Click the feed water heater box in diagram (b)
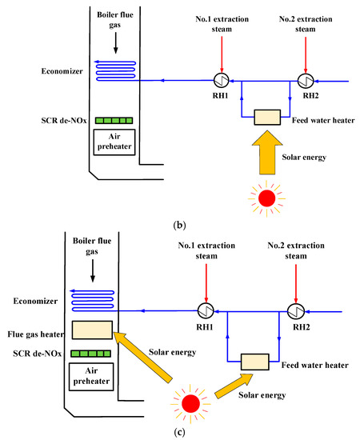click(267, 117)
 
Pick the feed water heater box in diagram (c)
click(254, 362)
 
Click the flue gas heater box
click(92, 330)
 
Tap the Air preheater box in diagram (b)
click(114, 142)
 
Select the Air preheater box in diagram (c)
click(91, 377)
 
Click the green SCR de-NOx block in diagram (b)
click(114, 121)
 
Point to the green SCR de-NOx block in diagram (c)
click(90, 354)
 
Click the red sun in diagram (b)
click(266, 198)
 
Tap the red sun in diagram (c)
click(190, 404)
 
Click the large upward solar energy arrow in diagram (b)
click(267, 152)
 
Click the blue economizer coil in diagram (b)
click(115, 70)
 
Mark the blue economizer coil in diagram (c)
click(92, 301)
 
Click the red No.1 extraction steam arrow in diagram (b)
click(222, 54)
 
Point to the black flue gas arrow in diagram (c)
click(93, 270)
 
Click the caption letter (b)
click(179, 225)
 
